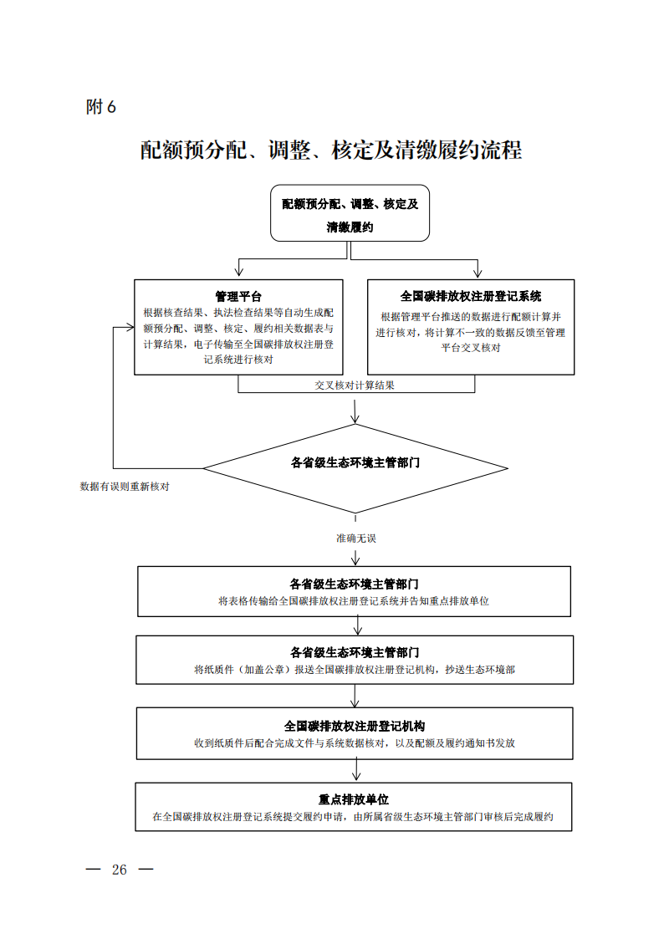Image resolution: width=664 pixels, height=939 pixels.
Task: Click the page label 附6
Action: tap(100, 106)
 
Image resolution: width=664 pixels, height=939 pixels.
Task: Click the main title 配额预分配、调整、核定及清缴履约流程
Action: tap(331, 150)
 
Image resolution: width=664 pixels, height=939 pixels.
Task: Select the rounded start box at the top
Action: tap(350, 213)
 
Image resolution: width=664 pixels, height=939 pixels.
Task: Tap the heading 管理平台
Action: tap(238, 297)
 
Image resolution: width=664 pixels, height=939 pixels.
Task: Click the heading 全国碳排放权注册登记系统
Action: tap(471, 297)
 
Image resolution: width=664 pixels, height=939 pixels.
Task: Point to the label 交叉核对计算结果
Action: tap(355, 385)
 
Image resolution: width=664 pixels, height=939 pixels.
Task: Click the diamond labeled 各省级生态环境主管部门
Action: tap(355, 468)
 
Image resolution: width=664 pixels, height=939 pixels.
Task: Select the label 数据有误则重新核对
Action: tap(125, 487)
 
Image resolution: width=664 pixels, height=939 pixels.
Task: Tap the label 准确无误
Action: tap(355, 538)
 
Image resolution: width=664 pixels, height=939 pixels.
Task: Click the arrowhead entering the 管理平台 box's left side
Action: tap(130, 328)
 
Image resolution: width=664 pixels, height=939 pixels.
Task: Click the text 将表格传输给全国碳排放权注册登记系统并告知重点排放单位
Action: tap(353, 600)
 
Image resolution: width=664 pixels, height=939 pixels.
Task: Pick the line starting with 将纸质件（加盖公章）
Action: tap(355, 670)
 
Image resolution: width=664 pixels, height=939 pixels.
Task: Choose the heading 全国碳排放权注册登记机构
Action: tap(355, 727)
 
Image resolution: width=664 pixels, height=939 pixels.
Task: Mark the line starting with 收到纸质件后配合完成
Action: tap(355, 743)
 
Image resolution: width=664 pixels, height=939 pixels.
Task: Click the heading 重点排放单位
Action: tap(353, 799)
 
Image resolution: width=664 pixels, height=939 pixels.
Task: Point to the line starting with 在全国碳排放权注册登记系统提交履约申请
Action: tap(353, 817)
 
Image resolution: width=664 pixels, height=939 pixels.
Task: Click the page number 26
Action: tap(119, 870)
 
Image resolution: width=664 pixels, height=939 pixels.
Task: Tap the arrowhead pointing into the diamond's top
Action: tap(355, 419)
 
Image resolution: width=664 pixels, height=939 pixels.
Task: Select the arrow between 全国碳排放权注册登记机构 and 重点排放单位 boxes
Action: tap(356, 771)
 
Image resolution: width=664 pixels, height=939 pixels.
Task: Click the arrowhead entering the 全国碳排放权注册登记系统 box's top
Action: tap(478, 273)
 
